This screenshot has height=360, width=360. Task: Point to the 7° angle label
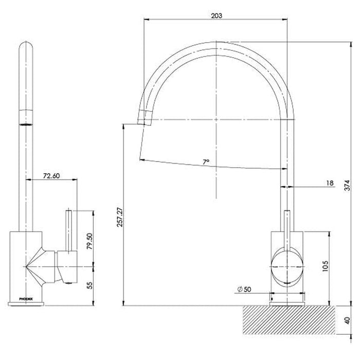206,162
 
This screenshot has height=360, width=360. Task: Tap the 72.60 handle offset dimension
51,175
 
